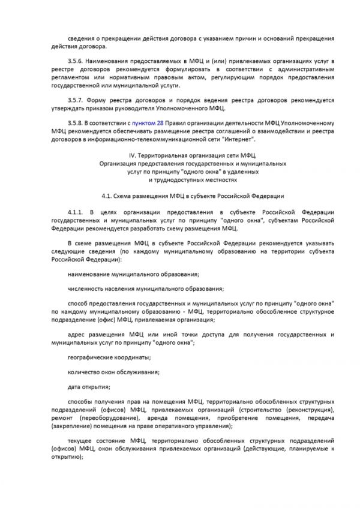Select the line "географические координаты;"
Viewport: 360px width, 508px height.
tap(109, 357)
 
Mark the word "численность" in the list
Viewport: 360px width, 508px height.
tap(88, 288)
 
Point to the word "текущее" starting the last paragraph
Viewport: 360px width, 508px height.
tap(82, 440)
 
